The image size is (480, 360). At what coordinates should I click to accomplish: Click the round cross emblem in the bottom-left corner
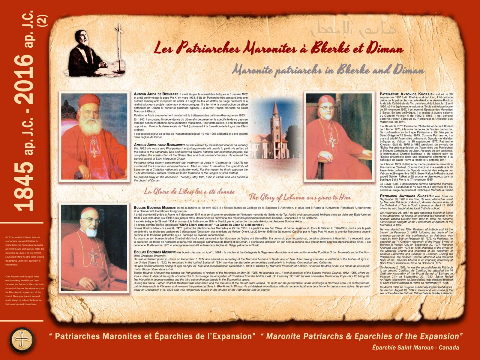22,340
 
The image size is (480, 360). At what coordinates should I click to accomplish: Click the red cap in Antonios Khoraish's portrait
326,100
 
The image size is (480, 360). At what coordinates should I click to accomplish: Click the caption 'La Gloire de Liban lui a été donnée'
189,192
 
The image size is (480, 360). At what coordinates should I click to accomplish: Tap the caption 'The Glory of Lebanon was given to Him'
299,197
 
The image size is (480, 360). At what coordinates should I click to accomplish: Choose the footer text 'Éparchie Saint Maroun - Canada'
415,348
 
